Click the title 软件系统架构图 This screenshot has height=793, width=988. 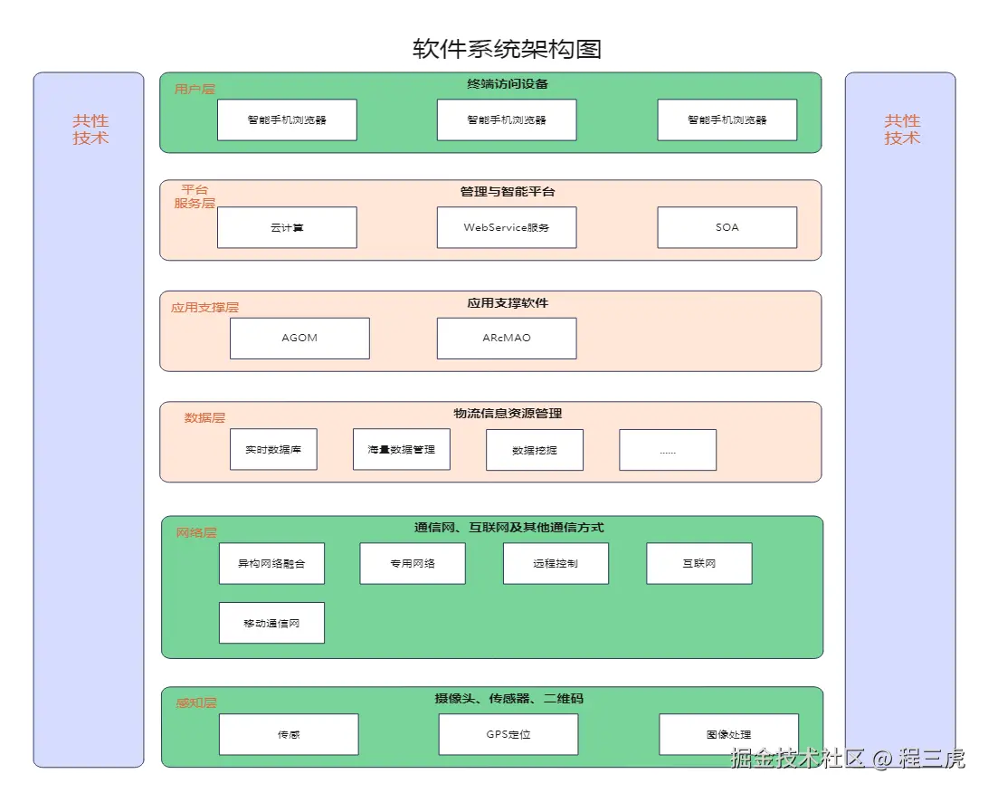coord(506,49)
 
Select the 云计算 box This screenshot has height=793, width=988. coord(287,227)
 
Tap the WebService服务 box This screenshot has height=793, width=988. coord(507,227)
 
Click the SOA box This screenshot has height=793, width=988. coord(727,227)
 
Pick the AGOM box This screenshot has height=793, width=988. coord(299,338)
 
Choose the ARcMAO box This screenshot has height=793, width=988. coord(507,338)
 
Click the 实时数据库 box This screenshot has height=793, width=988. coord(273,449)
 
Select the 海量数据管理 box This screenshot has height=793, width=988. coord(401,449)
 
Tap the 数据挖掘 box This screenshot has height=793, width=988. coord(534,450)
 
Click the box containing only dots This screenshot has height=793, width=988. coord(668,450)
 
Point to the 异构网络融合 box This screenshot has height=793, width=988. coord(271,563)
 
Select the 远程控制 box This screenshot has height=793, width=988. coord(556,563)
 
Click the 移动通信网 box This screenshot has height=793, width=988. coord(271,623)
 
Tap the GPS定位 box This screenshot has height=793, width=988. coord(508,734)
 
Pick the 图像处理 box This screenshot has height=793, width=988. coord(728,734)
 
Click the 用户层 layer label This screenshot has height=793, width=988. coord(195,90)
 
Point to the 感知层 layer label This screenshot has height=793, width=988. coord(196,702)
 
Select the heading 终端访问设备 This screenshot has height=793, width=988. coord(508,84)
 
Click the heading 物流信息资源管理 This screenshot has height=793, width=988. coord(508,414)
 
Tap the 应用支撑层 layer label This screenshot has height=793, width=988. coord(204,308)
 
